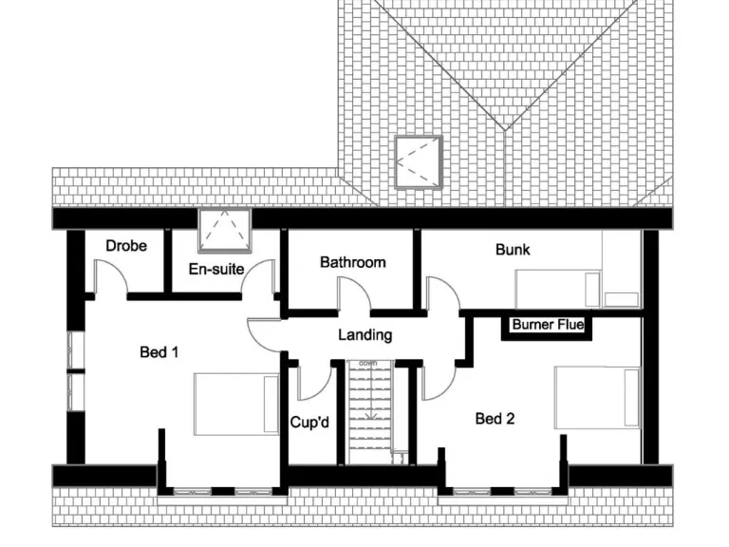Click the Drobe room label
pos(126,246)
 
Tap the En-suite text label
pos(216,269)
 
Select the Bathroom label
pos(352,262)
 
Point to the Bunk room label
pos(513,250)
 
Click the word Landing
pos(364,334)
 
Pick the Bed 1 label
pos(159,352)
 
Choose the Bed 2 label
pos(495,418)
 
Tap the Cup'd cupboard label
pos(309,422)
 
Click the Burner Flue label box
pos(548,325)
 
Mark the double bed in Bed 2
pos(596,398)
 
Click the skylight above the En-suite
pos(225,230)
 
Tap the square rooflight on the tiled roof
pos(419,160)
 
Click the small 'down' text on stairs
pos(368,364)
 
